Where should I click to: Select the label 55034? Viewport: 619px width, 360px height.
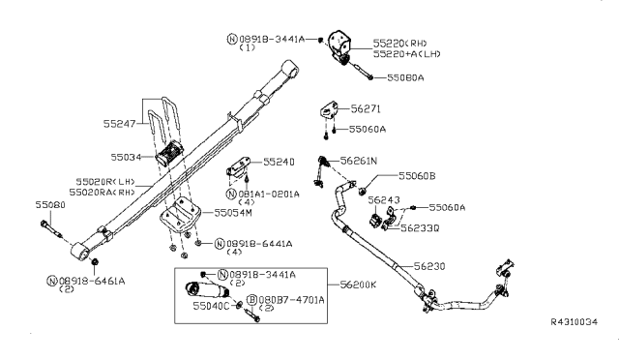pos(126,156)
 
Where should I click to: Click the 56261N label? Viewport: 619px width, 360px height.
pos(360,160)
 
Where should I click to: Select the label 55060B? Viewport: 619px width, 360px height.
pos(418,176)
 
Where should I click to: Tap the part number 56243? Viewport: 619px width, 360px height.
pos(384,199)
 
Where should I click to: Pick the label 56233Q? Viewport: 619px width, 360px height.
pos(421,227)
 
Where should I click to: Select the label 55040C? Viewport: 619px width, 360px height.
pos(211,305)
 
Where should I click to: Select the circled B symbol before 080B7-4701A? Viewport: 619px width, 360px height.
pos(251,301)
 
